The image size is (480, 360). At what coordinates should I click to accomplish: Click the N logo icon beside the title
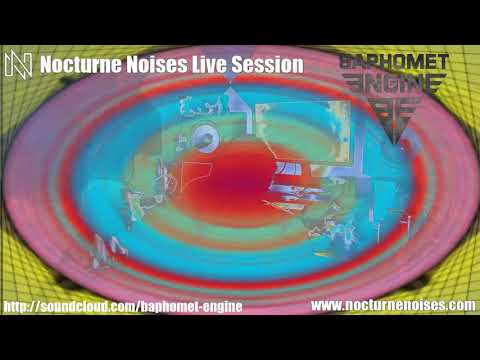18,64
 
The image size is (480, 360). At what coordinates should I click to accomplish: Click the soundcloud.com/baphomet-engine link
123,305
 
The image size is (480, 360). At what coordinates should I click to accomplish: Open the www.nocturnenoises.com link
393,304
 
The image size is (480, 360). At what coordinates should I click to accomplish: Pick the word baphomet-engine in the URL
189,305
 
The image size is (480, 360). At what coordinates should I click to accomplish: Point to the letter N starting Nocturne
47,64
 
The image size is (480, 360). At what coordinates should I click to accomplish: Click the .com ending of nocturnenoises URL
460,304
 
